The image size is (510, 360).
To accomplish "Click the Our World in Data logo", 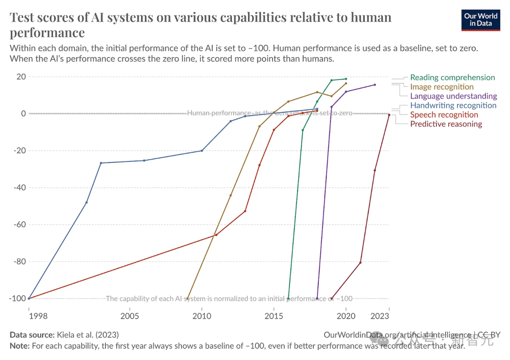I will tap(480, 19).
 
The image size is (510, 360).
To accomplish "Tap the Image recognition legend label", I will tap(442, 87).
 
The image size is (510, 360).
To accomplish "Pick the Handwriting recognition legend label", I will tap(453, 105).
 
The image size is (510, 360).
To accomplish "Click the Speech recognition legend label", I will tap(444, 115).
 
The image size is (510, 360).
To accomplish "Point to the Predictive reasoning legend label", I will tap(446, 124).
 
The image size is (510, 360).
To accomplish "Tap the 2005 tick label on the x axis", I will tap(129, 315).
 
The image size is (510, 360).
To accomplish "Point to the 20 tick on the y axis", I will tap(21, 77).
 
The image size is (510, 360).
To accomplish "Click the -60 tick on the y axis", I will tap(19, 225).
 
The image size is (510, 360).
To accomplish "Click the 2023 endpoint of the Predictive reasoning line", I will tap(389, 115).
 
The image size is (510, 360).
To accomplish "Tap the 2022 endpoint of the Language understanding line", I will tap(375, 85).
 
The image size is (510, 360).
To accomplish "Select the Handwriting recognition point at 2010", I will tap(202, 151).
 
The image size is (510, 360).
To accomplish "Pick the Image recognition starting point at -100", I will tap(187, 299).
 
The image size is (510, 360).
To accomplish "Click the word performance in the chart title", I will tap(47, 32).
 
